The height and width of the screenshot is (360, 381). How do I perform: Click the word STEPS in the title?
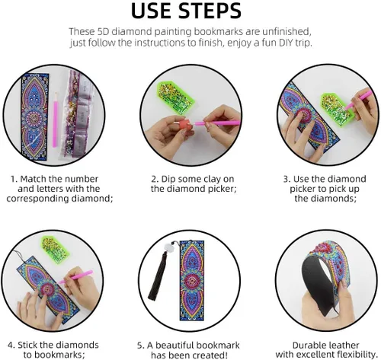pos(210,11)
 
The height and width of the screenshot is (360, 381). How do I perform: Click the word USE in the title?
pos(151,11)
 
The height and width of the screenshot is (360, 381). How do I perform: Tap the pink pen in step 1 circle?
pos(55,119)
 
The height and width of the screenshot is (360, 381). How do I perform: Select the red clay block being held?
pos(185,125)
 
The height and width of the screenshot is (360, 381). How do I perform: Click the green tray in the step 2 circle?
pos(175,97)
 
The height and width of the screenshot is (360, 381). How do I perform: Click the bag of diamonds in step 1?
pos(77,115)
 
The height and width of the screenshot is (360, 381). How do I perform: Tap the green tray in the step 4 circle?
pos(55,249)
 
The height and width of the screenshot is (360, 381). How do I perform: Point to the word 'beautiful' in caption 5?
pos(174,346)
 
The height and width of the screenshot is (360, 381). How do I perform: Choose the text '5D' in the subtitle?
pos(103,32)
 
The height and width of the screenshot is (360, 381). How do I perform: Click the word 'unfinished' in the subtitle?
pos(286,32)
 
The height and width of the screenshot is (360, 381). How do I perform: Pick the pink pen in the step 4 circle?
pos(76,277)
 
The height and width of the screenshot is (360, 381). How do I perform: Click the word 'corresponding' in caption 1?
pos(37,199)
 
